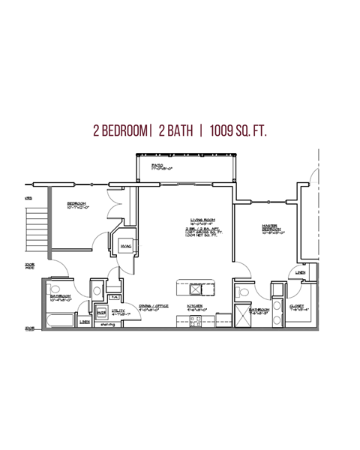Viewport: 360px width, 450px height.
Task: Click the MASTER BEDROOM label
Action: (x=271, y=227)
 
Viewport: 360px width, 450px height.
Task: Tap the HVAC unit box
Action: (x=126, y=245)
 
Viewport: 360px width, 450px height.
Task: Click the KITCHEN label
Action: (x=195, y=305)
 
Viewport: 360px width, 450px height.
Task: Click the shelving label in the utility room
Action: (x=109, y=325)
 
